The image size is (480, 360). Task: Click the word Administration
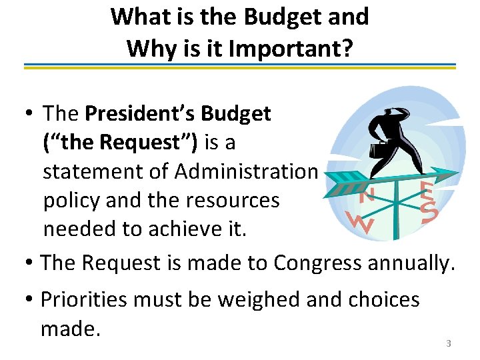[x=246, y=171]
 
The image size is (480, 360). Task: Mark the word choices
[x=381, y=299]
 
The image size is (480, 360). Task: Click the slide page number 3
[x=449, y=343]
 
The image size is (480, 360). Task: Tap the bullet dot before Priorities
[x=29, y=301]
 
